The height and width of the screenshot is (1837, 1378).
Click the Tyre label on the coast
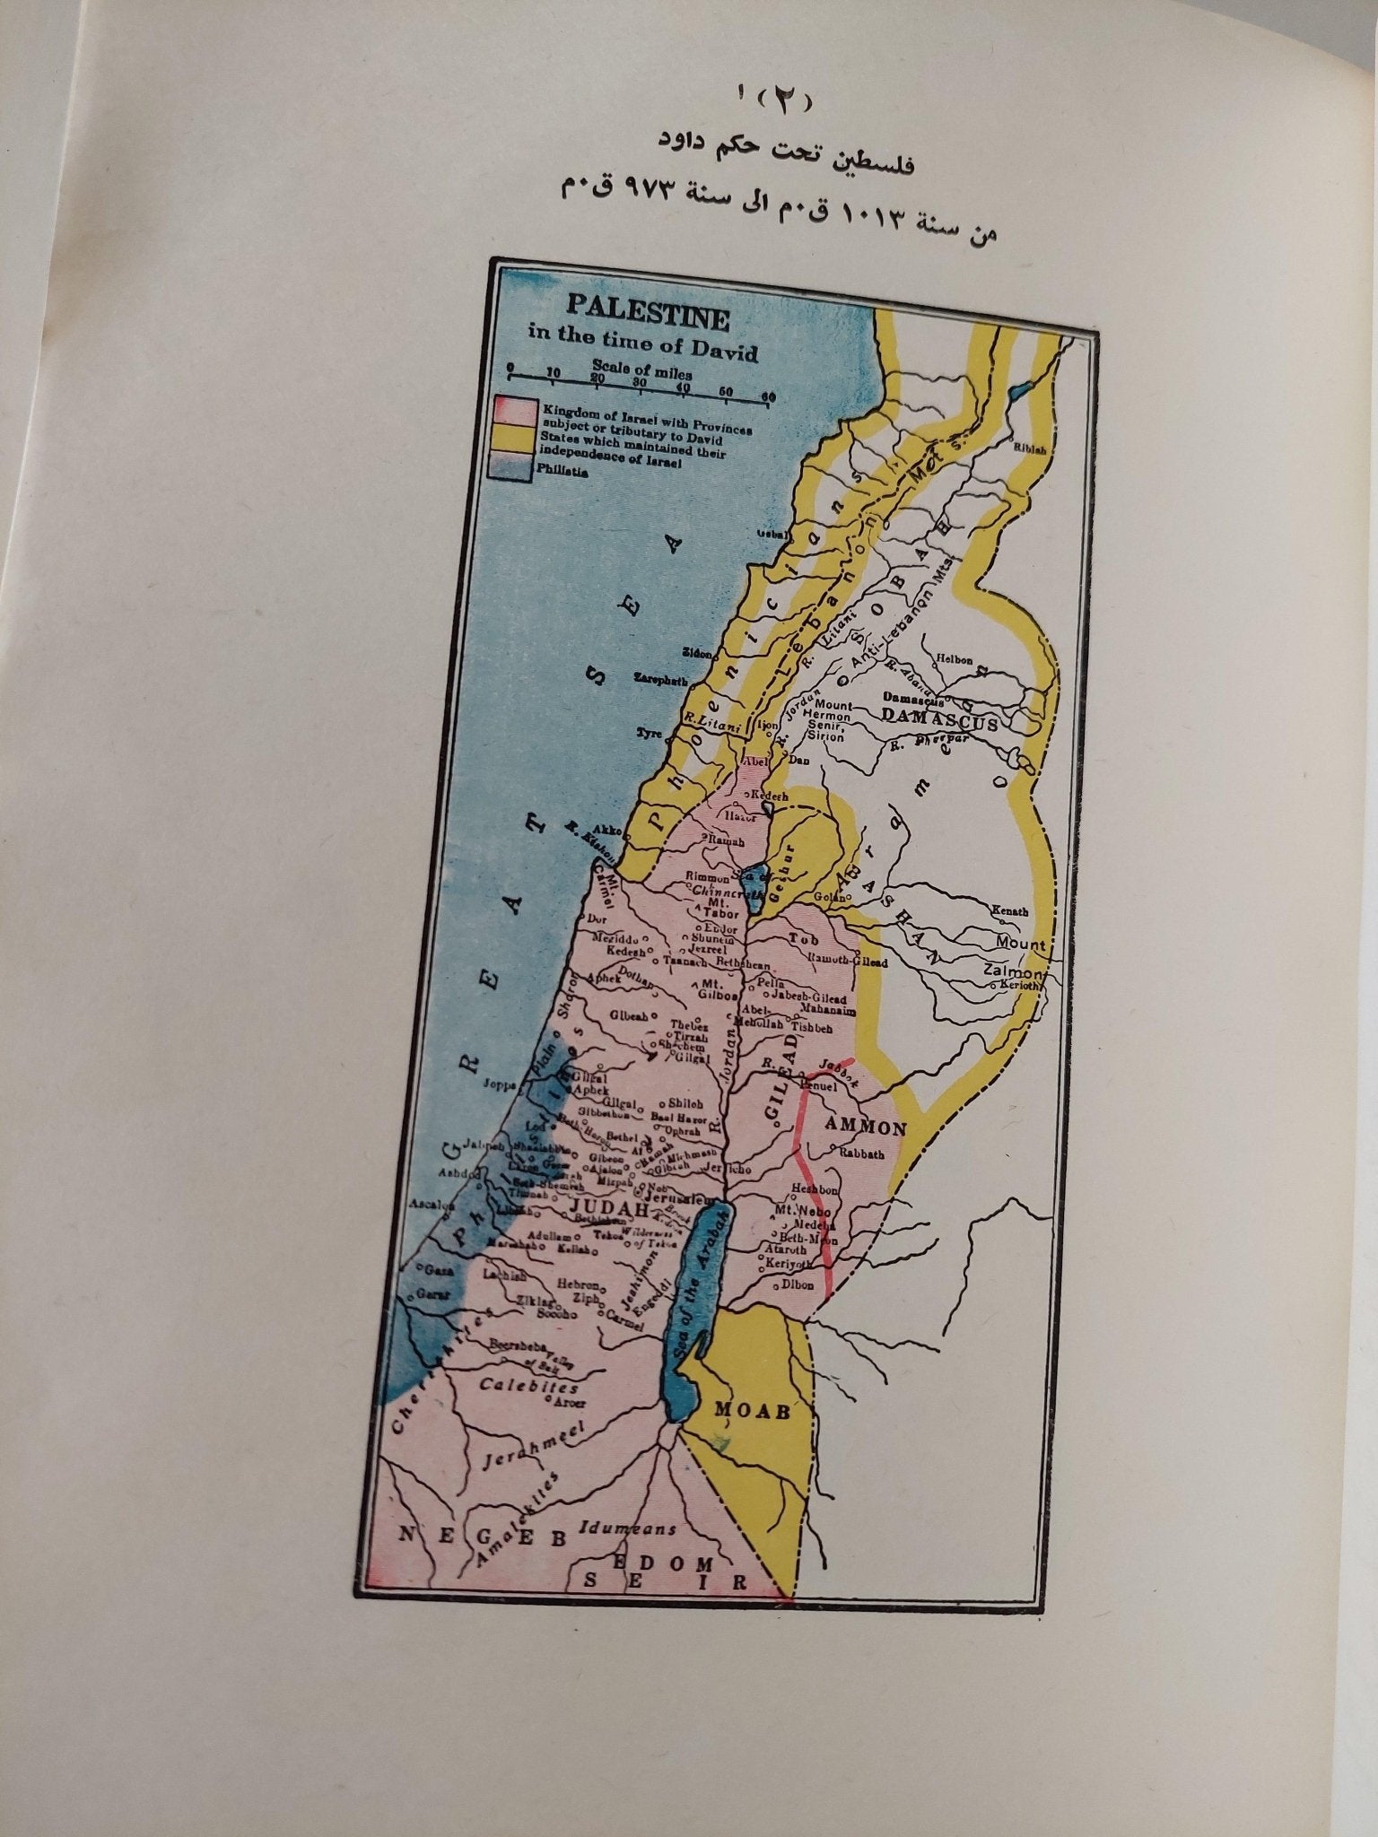[x=649, y=733]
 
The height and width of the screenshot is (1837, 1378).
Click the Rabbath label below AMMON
[x=863, y=1155]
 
